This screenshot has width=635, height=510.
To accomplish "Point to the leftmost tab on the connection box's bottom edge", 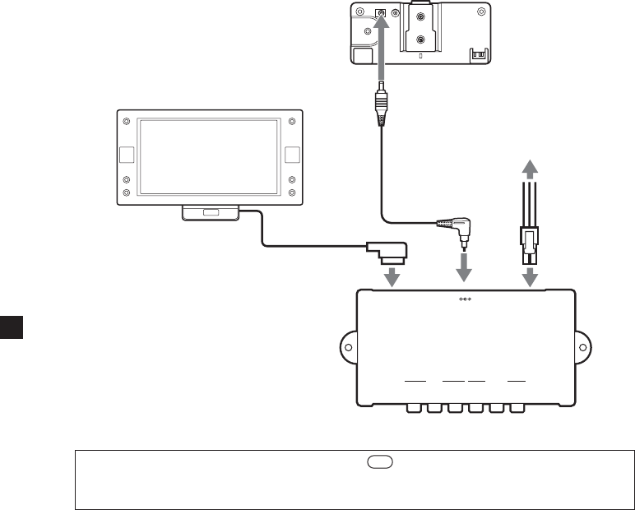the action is [x=414, y=407].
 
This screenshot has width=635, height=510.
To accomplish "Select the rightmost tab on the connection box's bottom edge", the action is [x=517, y=407].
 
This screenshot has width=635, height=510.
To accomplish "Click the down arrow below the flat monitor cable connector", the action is [x=393, y=276].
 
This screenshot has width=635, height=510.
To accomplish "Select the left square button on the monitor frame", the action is [x=127, y=154].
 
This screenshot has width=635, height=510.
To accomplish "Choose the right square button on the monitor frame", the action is [x=292, y=154].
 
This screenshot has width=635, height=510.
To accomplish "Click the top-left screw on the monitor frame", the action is [x=127, y=123].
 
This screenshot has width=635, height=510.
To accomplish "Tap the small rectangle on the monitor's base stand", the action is [x=211, y=213].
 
